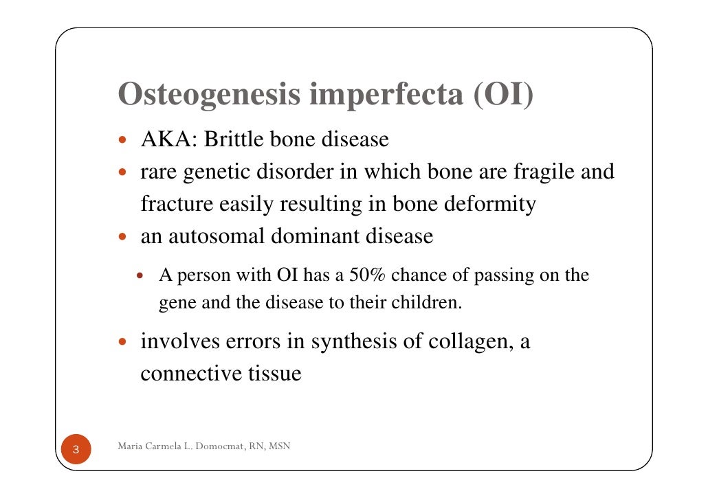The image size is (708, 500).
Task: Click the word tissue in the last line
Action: (x=273, y=375)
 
